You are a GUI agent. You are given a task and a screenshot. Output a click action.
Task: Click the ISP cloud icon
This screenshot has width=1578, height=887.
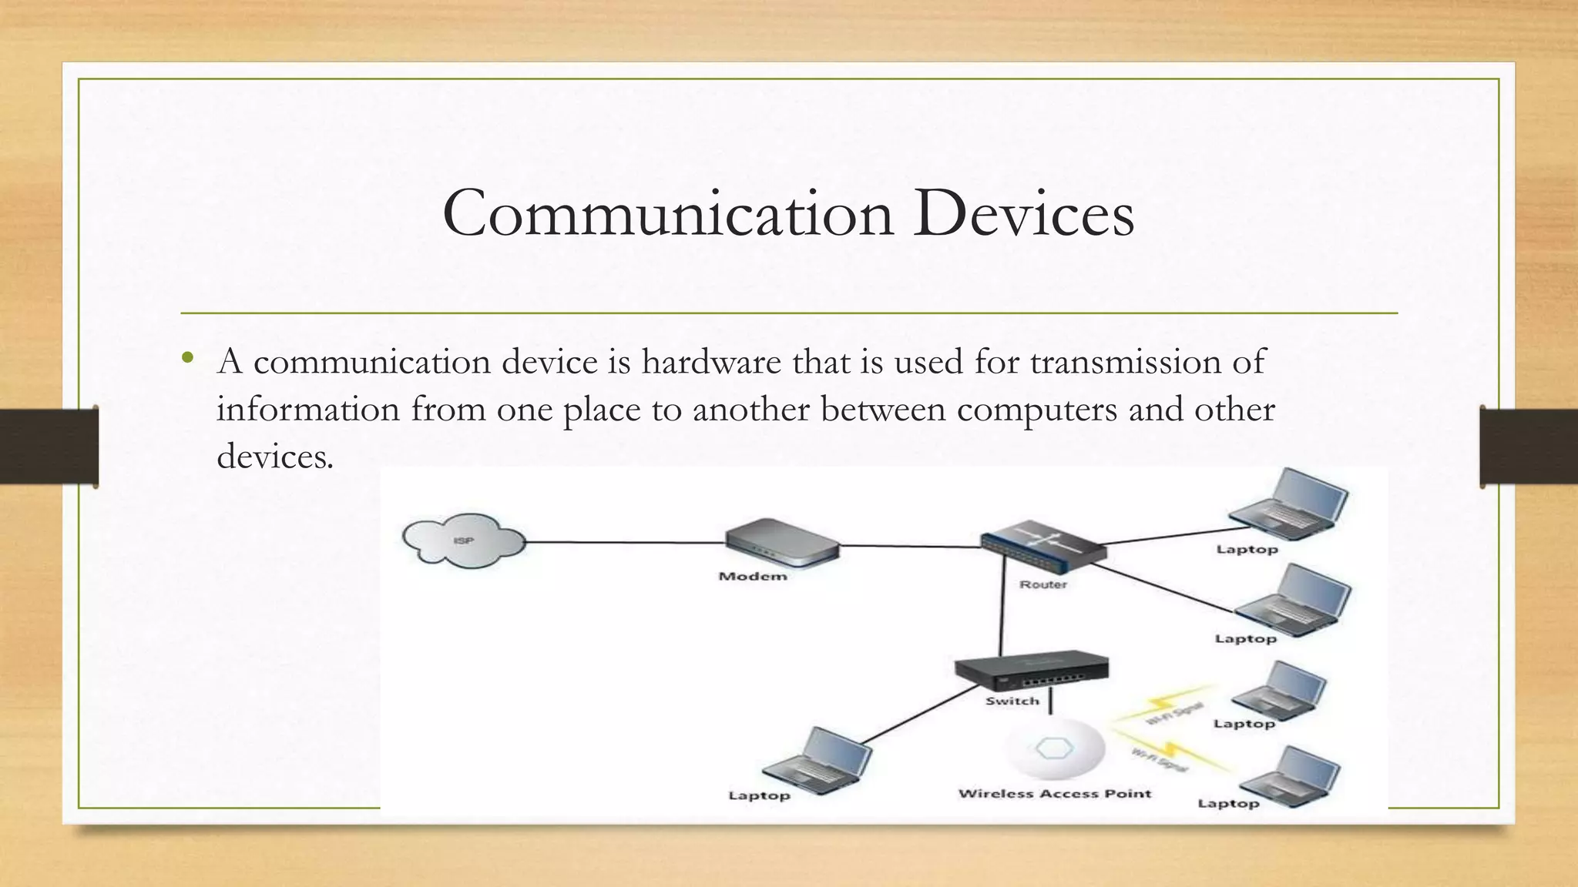463,541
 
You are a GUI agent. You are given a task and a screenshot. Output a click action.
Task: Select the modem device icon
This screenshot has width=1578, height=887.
781,543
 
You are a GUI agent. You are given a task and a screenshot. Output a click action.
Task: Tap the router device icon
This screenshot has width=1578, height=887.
1042,547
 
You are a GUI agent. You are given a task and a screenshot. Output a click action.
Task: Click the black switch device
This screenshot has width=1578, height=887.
1031,674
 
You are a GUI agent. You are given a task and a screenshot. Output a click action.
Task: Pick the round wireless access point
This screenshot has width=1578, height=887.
1055,749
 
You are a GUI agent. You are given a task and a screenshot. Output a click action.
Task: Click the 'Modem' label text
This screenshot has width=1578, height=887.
753,576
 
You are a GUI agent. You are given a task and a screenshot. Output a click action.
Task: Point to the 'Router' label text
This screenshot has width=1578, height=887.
1043,584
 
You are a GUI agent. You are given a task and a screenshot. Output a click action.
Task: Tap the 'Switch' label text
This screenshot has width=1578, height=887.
1012,701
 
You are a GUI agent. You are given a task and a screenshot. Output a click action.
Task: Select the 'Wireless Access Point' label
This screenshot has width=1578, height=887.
1054,793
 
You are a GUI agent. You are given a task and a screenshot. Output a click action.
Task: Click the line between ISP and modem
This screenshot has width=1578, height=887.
624,542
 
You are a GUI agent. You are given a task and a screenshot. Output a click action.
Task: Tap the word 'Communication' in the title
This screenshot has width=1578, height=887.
667,213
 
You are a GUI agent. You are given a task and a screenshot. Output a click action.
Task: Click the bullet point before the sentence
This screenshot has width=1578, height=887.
187,358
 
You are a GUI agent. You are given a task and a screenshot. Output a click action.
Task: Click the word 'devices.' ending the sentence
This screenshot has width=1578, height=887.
275,456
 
